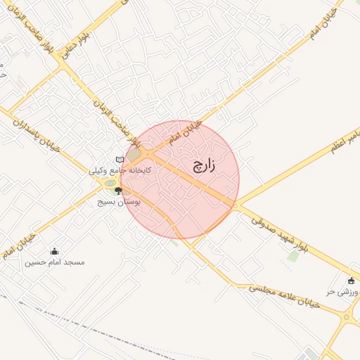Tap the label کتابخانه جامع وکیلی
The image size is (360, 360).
click(x=120, y=170)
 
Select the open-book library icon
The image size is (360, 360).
click(x=120, y=160)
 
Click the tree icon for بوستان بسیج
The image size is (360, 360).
click(x=118, y=191)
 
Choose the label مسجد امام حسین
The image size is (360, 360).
click(x=55, y=262)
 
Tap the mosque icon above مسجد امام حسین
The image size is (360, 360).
click(x=55, y=251)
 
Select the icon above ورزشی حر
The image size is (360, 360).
click(x=352, y=281)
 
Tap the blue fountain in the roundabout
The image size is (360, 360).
click(x=110, y=184)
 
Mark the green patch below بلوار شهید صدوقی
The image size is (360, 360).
click(x=292, y=257)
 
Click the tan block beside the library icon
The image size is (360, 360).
click(x=133, y=154)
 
